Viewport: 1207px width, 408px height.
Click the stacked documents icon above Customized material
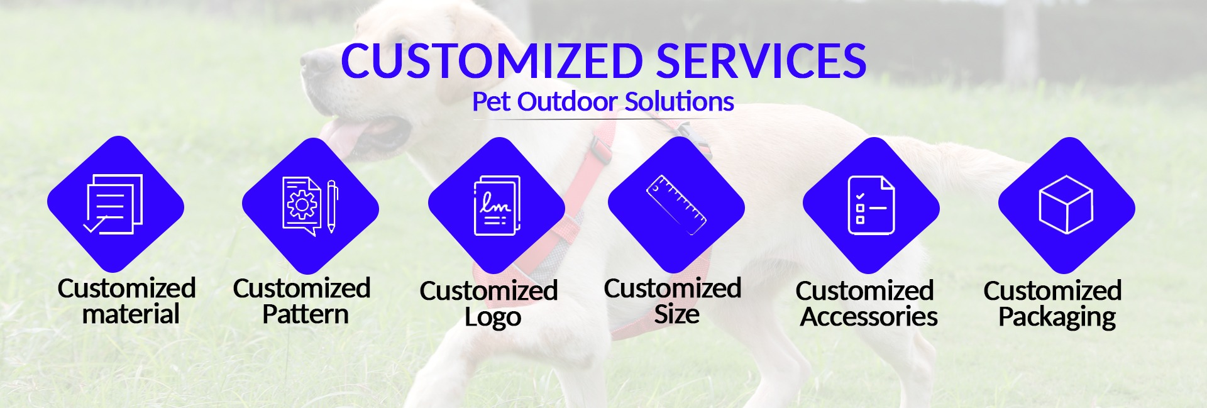pos(114,204)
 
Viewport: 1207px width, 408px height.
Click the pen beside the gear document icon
pos(332,206)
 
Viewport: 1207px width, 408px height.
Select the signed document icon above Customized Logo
pos(497,206)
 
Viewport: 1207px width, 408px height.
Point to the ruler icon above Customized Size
pos(676,205)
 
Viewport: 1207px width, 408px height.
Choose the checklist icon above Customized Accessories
pos(871,206)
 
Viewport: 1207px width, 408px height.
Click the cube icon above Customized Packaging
pos(1066,204)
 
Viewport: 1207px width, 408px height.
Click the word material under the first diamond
pos(131,314)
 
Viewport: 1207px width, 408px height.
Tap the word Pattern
pos(306,314)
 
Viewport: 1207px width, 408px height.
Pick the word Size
pos(676,314)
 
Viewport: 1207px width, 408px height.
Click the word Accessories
pos(869,317)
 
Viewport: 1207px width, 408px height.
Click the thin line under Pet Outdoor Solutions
pos(603,119)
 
